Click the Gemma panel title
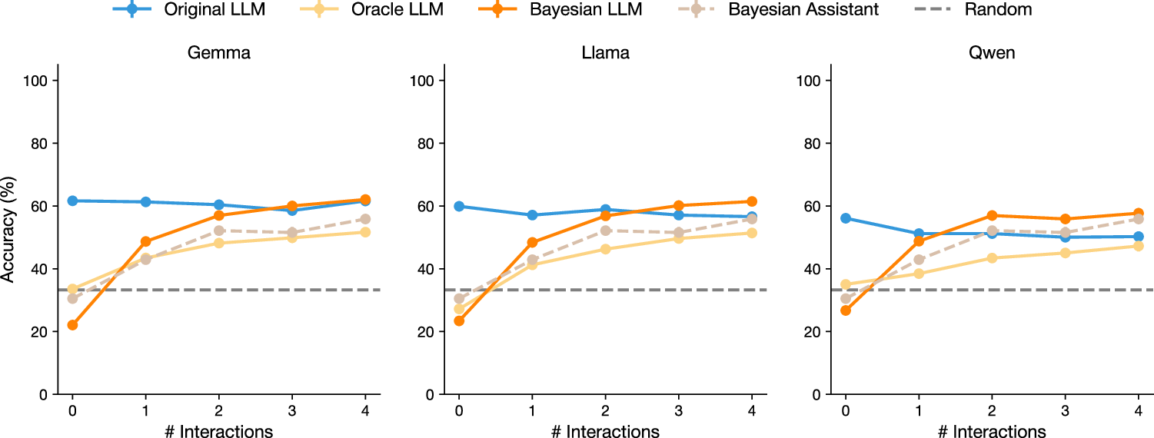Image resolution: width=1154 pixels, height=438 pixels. [218, 54]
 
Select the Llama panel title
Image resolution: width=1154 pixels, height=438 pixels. [604, 54]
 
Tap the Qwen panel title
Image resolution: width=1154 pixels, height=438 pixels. [991, 54]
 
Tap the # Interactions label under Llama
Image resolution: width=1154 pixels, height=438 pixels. [604, 431]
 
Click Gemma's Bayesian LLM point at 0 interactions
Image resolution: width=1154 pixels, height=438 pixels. [72, 325]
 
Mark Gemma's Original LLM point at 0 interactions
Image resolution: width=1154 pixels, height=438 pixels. [72, 201]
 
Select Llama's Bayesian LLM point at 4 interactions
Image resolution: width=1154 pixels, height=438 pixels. [751, 201]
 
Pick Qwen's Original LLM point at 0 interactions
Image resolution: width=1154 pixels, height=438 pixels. [846, 218]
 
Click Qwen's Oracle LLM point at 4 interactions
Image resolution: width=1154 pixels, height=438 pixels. [1138, 246]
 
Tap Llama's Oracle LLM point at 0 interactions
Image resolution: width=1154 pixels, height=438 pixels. [459, 309]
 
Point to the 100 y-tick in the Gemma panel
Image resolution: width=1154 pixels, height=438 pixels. [40, 81]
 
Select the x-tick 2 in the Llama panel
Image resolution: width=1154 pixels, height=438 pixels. [605, 411]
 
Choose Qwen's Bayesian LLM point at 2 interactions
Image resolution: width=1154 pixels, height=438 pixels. [992, 216]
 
